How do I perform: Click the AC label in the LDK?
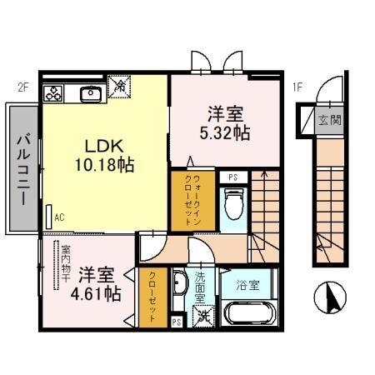tap(59, 217)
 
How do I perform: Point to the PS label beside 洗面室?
tap(176, 321)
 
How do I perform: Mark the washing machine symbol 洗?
tap(202, 314)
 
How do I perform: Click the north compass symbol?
tap(329, 298)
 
